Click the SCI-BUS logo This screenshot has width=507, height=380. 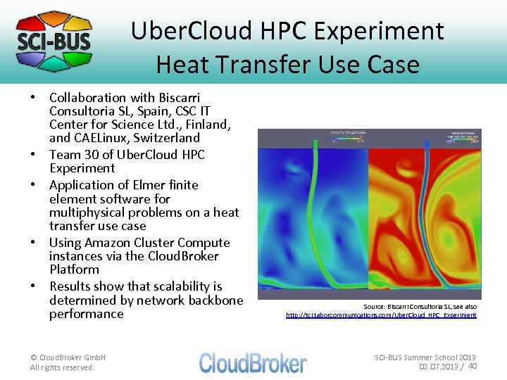[x=54, y=40]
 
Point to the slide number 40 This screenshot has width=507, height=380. [x=472, y=366]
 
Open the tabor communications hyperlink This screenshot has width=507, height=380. [x=380, y=315]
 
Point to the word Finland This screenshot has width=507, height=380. [x=208, y=125]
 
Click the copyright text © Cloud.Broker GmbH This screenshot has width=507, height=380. [x=68, y=357]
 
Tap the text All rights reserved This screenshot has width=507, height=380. [x=62, y=367]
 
